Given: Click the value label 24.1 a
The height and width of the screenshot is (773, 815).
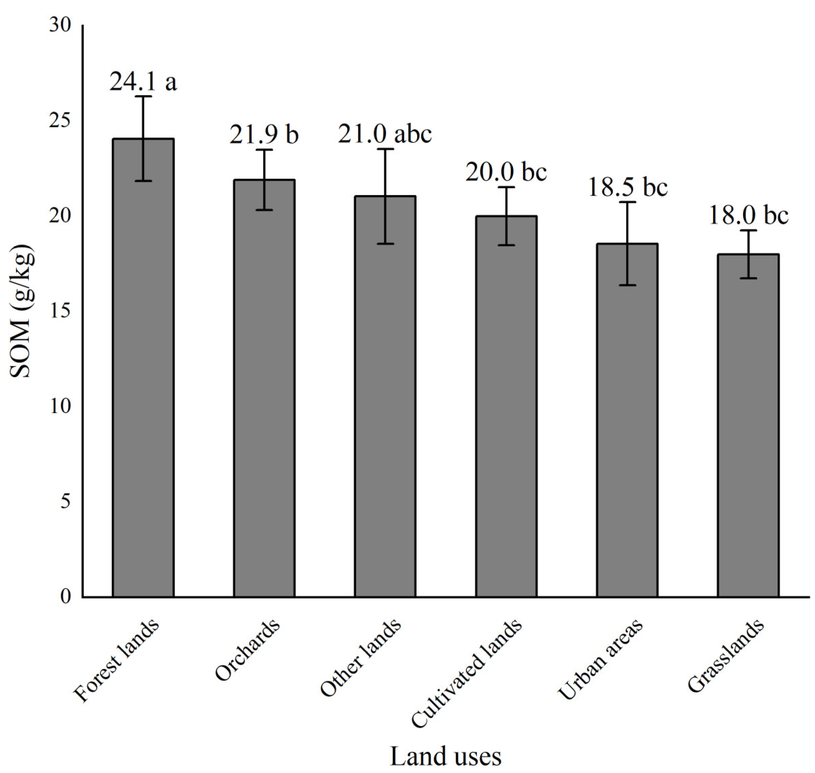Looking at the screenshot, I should (143, 81).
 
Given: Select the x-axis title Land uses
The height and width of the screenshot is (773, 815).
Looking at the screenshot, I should (445, 756).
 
